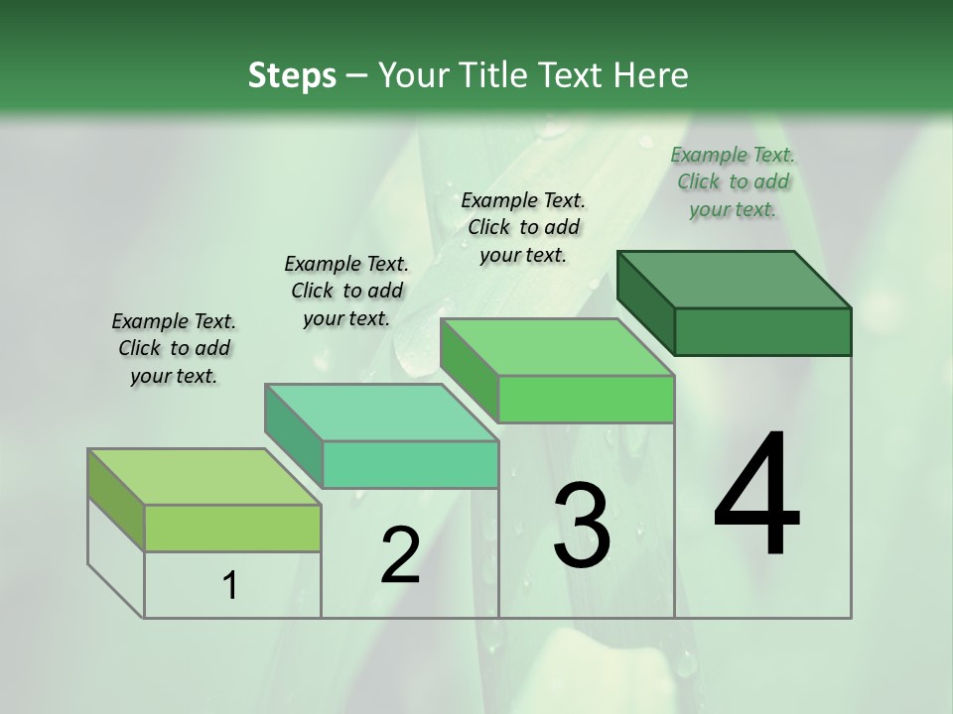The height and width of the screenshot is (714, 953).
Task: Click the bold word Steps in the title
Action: tap(292, 75)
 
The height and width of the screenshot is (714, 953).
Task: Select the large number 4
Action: tap(756, 496)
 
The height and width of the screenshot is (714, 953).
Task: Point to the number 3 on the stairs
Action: tap(582, 526)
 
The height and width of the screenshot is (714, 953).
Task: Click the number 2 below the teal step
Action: tap(400, 555)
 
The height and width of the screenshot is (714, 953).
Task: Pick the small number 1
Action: tap(230, 586)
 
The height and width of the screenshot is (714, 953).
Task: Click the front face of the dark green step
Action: tap(762, 331)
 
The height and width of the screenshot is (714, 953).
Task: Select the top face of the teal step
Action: tap(381, 412)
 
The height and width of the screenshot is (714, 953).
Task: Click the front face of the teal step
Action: tap(410, 464)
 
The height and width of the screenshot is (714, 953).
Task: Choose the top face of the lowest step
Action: tap(204, 476)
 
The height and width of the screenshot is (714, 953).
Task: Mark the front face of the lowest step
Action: tap(232, 528)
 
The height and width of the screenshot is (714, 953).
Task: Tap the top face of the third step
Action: tap(557, 347)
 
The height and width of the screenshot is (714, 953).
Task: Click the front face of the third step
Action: tap(586, 399)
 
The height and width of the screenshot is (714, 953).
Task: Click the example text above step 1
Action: tap(174, 349)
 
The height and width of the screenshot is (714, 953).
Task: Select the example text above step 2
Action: tap(346, 291)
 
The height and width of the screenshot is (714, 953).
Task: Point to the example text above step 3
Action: tap(523, 227)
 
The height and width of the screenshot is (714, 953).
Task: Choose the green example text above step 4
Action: tap(733, 181)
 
